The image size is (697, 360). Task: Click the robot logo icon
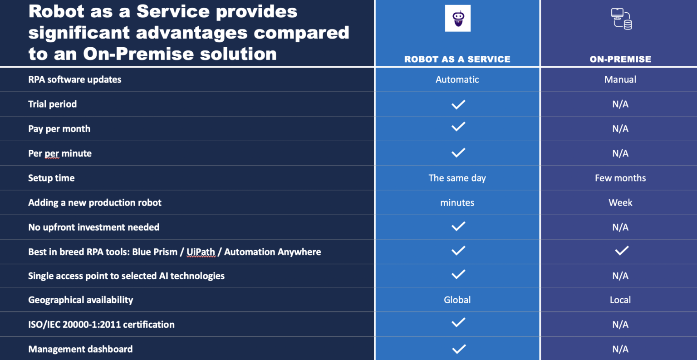(457, 18)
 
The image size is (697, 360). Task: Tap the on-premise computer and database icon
(621, 19)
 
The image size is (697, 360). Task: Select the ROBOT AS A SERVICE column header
(457, 59)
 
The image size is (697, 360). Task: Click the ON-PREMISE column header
(620, 59)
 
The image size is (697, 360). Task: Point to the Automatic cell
(457, 79)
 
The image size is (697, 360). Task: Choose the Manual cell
(620, 79)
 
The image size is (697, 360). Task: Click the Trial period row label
(52, 104)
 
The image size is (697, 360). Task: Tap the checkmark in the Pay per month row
(458, 127)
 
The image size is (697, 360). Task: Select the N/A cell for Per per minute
(620, 153)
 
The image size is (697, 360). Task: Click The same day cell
(457, 178)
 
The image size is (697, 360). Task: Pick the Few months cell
(620, 178)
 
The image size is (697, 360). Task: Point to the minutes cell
(457, 202)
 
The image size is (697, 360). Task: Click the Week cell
(620, 202)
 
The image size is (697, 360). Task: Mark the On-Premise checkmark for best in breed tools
(621, 251)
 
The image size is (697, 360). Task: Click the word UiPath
(201, 252)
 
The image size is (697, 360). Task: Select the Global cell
(457, 300)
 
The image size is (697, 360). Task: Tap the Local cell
(620, 300)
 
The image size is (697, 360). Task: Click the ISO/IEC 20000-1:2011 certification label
(101, 325)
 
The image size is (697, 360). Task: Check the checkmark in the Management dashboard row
(459, 349)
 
